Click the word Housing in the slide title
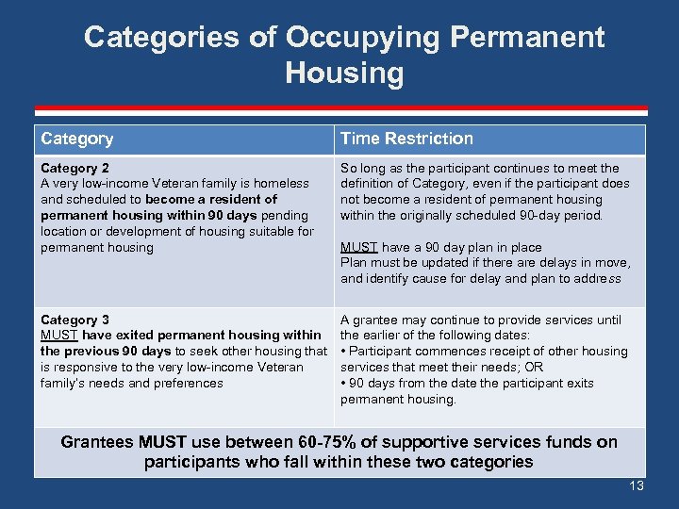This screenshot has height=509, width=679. (x=343, y=74)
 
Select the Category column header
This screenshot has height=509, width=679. (x=77, y=140)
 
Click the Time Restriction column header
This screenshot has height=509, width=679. (x=406, y=140)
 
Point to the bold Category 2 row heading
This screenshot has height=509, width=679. (x=75, y=168)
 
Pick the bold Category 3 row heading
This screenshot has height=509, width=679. (x=75, y=320)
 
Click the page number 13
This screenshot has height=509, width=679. (x=636, y=485)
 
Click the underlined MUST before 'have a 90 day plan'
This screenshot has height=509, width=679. (x=358, y=247)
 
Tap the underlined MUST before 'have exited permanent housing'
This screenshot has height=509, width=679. (x=59, y=336)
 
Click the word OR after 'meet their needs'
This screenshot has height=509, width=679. (x=534, y=368)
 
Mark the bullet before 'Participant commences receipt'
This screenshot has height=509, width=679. (x=343, y=352)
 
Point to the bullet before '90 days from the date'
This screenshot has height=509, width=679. (x=343, y=384)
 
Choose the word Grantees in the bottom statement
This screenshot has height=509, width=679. (x=97, y=442)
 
